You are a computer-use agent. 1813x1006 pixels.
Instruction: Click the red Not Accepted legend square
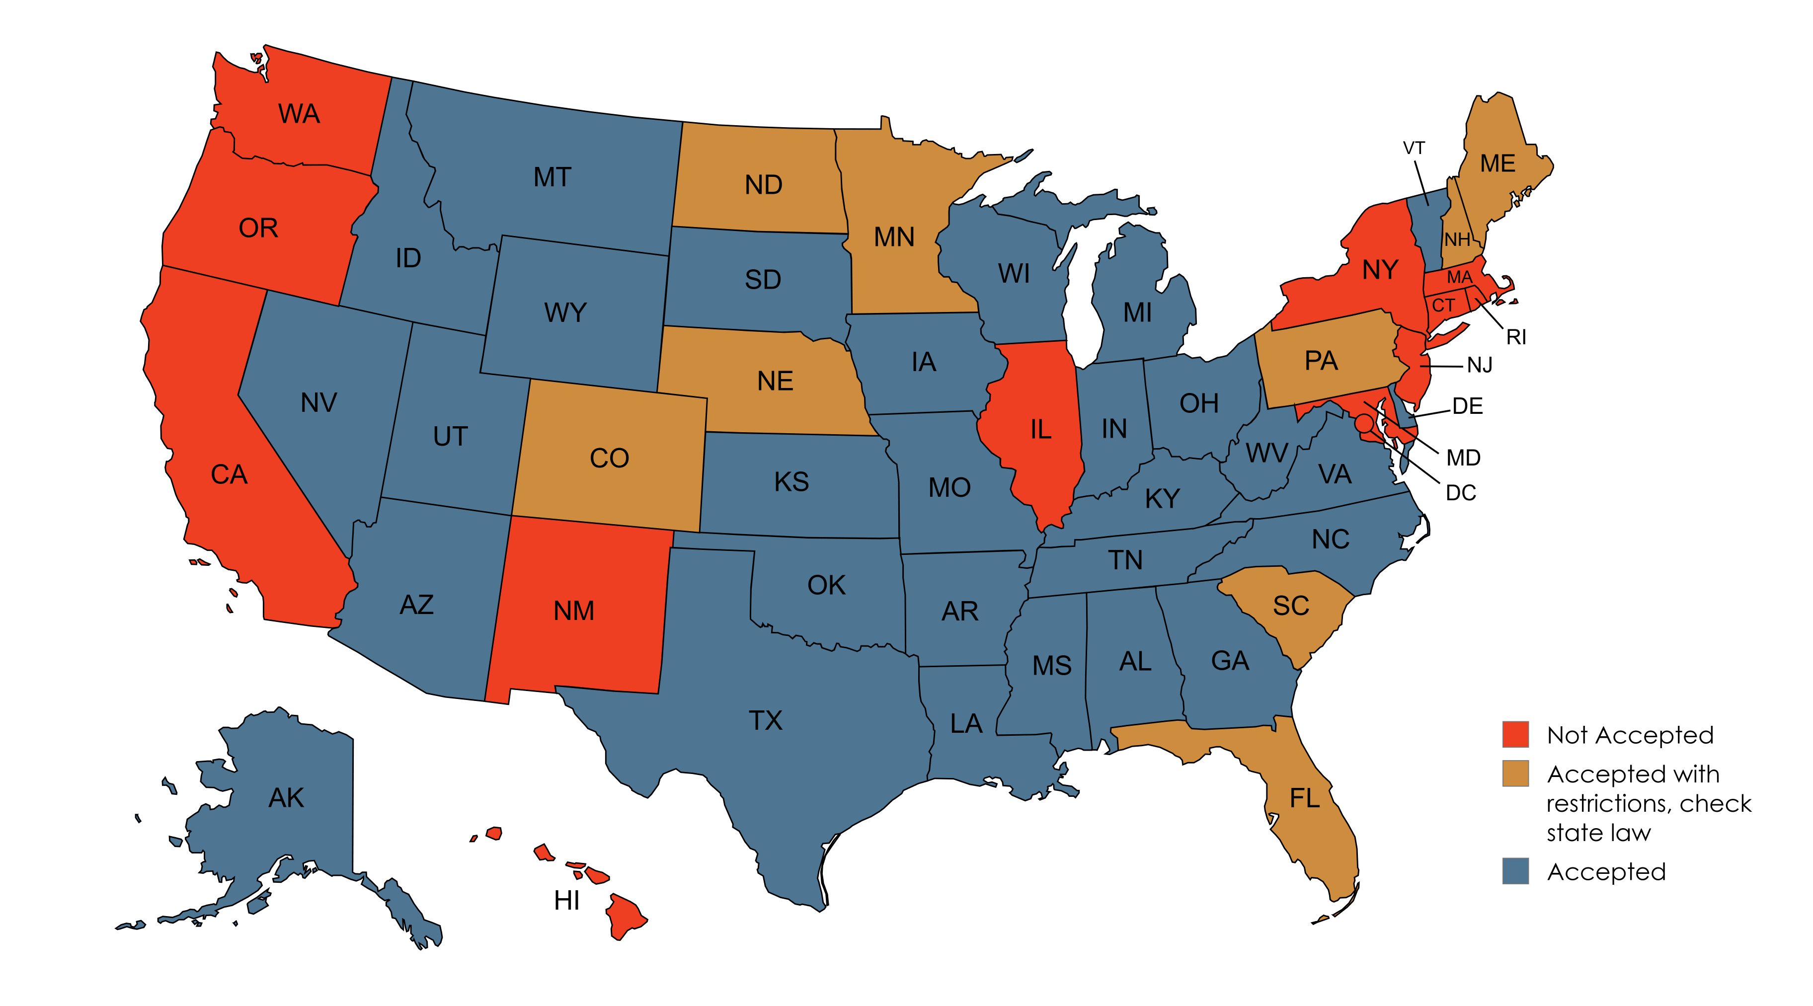point(1515,734)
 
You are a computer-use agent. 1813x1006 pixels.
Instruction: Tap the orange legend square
point(1515,773)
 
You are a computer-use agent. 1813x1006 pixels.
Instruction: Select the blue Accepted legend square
point(1515,871)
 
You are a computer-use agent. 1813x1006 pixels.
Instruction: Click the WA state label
point(299,114)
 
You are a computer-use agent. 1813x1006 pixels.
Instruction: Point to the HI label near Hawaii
point(566,901)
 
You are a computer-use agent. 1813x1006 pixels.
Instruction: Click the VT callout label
point(1414,149)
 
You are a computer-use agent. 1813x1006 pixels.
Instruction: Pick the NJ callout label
point(1480,365)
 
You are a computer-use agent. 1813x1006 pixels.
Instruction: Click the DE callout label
point(1467,406)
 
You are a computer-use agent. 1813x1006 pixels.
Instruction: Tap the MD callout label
point(1463,458)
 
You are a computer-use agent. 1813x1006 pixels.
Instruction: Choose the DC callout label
point(1460,493)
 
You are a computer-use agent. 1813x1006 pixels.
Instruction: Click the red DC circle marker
point(1364,423)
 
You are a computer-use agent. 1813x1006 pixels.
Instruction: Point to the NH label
point(1457,240)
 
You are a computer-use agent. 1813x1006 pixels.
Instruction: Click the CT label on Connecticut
point(1443,306)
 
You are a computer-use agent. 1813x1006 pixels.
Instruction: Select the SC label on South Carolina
point(1291,606)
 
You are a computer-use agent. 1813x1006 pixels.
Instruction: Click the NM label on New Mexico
point(573,611)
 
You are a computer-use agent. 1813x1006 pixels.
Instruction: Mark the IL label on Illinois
point(1040,429)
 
